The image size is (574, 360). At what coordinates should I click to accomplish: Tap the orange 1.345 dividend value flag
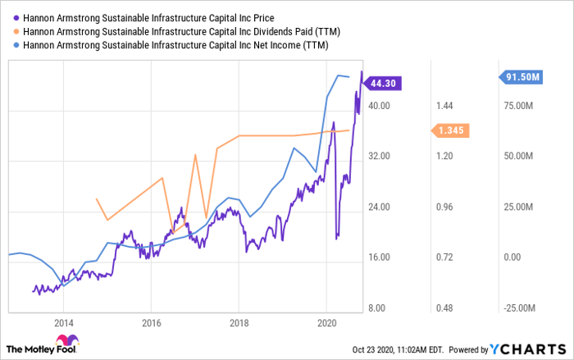[451, 130]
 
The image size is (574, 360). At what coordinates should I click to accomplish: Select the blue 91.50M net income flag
[522, 77]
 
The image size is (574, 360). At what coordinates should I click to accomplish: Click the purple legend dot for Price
[15, 17]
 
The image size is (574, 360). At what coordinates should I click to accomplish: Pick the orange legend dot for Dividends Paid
[15, 31]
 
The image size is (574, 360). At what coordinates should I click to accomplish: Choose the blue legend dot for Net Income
[15, 45]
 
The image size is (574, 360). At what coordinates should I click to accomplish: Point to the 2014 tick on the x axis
[64, 321]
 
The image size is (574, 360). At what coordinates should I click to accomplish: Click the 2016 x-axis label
[151, 321]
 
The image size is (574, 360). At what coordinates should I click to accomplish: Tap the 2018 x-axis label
[239, 321]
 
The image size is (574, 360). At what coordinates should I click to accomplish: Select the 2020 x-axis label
[326, 321]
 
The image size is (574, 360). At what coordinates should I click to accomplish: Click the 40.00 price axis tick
[378, 106]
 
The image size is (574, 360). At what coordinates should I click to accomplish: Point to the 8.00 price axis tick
[380, 308]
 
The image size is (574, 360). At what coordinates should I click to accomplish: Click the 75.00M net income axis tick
[518, 106]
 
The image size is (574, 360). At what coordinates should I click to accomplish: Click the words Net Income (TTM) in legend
[285, 45]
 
